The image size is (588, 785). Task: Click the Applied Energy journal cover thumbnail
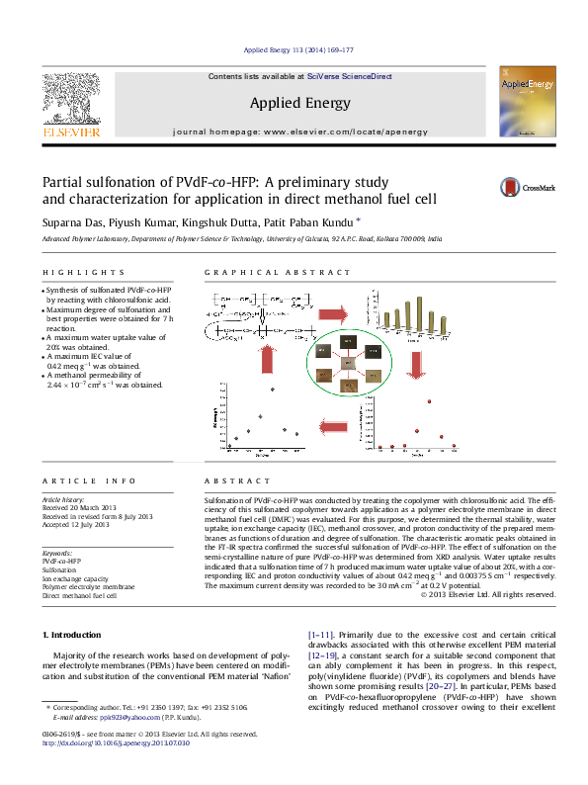524,102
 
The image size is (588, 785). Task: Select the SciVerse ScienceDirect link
350,76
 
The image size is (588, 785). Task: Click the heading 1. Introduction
75,632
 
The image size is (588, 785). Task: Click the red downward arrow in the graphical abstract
416,365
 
